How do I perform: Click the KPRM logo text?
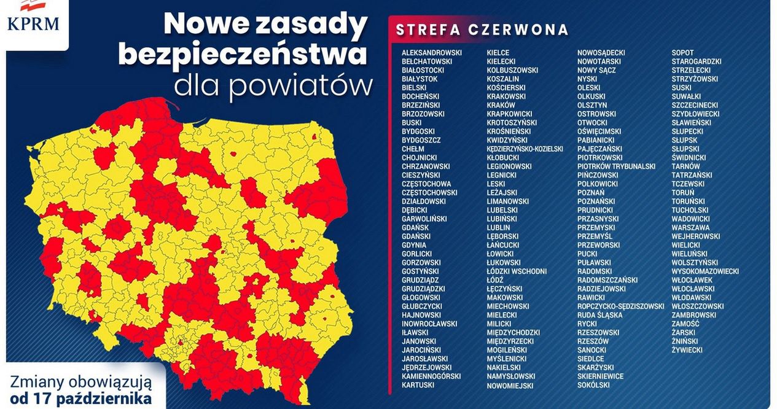33,24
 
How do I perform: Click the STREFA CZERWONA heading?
482,30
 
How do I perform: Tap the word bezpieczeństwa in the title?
243,55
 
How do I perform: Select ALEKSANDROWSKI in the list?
432,53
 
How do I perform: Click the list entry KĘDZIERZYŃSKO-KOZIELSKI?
525,149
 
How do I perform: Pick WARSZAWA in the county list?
691,227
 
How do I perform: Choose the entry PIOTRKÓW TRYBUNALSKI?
616,166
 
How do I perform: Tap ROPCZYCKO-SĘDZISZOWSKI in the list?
620,306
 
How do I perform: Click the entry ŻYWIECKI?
687,350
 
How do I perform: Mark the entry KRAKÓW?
501,105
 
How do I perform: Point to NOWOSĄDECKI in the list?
601,53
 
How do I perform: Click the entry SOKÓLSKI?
593,385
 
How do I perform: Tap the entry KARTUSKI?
418,385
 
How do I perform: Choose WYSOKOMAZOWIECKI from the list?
705,271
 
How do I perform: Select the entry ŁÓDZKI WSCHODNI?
517,271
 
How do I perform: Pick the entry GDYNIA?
414,245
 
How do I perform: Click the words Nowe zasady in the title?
265,25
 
